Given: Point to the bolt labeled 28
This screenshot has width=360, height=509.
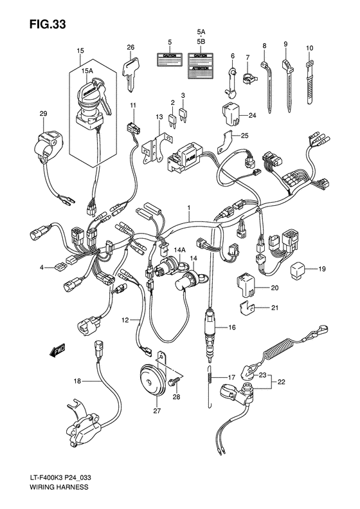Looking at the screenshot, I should tap(173, 384).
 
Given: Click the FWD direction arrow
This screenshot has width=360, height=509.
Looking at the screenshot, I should tap(57, 351).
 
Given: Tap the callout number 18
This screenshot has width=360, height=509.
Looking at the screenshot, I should tap(78, 381).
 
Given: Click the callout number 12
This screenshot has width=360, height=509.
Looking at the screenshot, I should tap(127, 319).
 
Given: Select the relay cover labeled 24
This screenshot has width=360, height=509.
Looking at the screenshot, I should tap(231, 113).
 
